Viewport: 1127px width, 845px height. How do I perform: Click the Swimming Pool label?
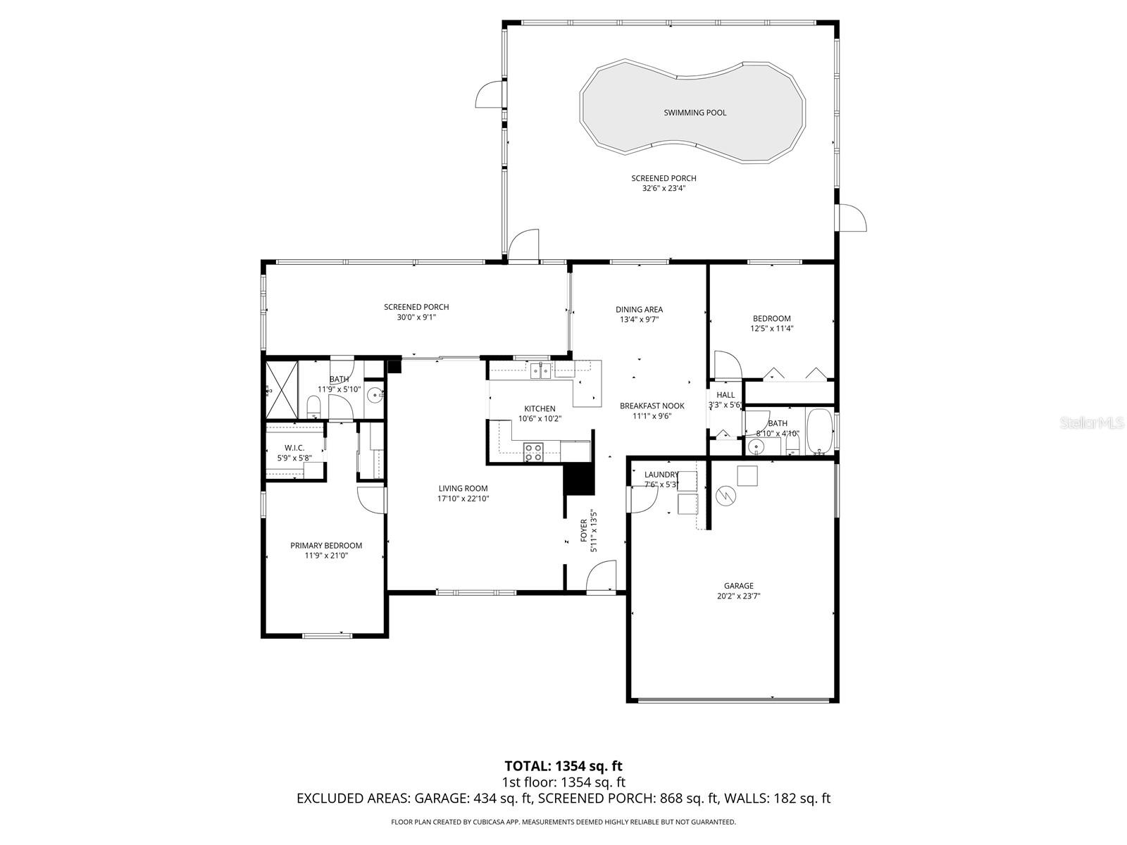coord(695,113)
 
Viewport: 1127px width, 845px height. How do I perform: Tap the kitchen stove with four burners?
coord(533,452)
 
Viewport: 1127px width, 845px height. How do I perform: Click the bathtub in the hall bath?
coord(818,430)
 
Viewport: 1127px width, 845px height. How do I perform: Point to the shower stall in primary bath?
coord(281,389)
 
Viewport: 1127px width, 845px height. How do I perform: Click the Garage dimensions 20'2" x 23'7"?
coord(738,596)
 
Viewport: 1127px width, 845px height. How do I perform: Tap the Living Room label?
coord(463,488)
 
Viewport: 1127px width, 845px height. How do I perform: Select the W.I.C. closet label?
coord(294,448)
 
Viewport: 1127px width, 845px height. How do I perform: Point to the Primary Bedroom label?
coord(326,545)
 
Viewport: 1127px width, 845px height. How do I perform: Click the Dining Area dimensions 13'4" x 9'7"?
coord(639,319)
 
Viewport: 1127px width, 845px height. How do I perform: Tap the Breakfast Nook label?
coord(652,406)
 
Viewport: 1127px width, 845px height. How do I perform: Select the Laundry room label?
coord(661,475)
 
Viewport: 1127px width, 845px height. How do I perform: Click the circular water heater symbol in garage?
coord(724,496)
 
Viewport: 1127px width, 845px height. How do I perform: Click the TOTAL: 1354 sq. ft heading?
coord(563,765)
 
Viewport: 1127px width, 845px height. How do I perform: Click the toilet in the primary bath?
coord(314,406)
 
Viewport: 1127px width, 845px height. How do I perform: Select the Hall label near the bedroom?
coord(726,395)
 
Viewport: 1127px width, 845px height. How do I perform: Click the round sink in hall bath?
coord(757,446)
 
